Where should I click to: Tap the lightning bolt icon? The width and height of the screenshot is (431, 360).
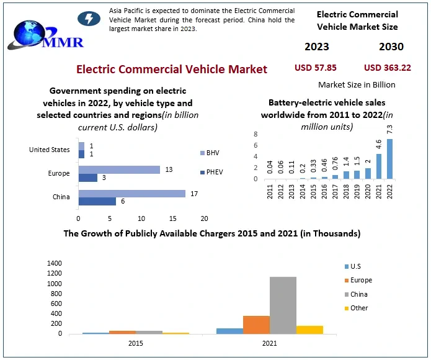89,18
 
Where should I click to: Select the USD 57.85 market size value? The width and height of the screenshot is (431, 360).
315,68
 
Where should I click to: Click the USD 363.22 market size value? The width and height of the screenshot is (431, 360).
388,68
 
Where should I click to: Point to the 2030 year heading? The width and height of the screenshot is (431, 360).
391,47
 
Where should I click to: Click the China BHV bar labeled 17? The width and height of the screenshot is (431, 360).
131,194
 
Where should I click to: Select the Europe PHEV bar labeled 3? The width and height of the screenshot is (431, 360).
87,178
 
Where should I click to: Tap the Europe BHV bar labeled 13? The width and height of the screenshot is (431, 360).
119,169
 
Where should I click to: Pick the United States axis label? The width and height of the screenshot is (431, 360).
50,150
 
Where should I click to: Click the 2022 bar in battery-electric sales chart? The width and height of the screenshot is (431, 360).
390,159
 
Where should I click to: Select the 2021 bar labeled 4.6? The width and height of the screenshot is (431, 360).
378,166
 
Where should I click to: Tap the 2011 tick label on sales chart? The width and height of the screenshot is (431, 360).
270,192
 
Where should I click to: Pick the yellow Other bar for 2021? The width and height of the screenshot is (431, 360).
309,330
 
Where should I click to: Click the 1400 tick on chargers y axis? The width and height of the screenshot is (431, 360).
54,263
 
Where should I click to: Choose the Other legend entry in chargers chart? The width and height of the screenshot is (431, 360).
358,308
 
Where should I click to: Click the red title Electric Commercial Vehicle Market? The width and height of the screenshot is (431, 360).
172,69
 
